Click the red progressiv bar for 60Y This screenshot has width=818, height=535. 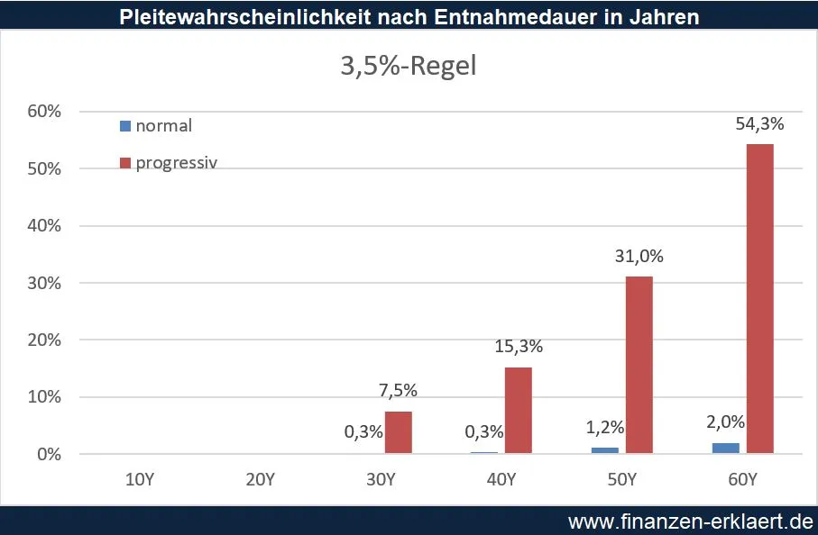(759, 298)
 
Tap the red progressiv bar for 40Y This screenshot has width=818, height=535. (518, 410)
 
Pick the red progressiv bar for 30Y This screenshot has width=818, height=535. (398, 431)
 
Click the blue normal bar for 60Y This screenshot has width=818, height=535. (725, 448)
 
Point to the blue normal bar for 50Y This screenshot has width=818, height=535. (605, 449)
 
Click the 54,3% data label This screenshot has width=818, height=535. (759, 124)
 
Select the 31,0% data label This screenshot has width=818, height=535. (639, 257)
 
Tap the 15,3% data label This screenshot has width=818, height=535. (518, 347)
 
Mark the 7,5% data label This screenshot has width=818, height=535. (398, 391)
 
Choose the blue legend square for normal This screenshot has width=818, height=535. (125, 126)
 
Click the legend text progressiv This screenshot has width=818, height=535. (177, 163)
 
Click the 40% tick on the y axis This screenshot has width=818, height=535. (44, 226)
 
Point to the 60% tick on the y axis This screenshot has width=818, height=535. (44, 113)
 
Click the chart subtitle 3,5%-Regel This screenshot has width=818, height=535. (408, 68)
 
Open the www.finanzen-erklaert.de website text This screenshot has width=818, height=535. (690, 521)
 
